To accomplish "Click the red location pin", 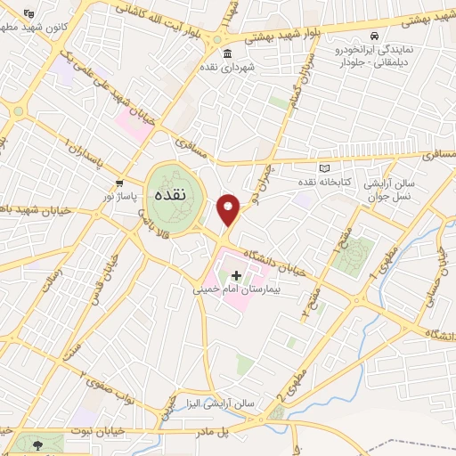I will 230,209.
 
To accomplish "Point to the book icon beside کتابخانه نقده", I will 324,168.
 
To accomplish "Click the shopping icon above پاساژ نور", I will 118,183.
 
